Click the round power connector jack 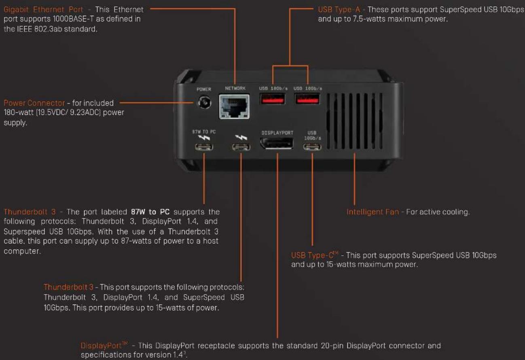pyautogui.click(x=204, y=102)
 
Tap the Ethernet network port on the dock pyautogui.click(x=234, y=107)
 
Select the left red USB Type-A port pyautogui.click(x=272, y=99)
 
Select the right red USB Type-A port pyautogui.click(x=307, y=99)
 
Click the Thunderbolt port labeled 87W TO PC pyautogui.click(x=204, y=147)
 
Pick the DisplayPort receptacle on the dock pyautogui.click(x=277, y=143)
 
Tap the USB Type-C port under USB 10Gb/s pyautogui.click(x=312, y=147)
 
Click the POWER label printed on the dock pyautogui.click(x=204, y=89)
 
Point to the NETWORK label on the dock pyautogui.click(x=235, y=88)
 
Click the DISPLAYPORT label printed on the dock pyautogui.click(x=277, y=133)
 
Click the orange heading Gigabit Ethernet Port pyautogui.click(x=43, y=10)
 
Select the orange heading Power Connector pyautogui.click(x=34, y=103)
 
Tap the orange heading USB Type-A pyautogui.click(x=339, y=10)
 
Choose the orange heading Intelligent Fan pyautogui.click(x=373, y=212)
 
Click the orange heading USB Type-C pyautogui.click(x=315, y=255)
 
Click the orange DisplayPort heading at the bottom pyautogui.click(x=104, y=345)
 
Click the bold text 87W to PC pyautogui.click(x=150, y=212)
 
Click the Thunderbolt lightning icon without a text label pyautogui.click(x=241, y=138)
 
